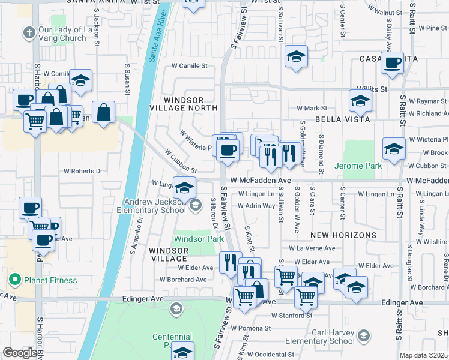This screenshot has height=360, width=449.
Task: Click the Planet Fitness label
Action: coord(50,280)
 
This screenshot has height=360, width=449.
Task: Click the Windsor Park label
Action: coord(199,239)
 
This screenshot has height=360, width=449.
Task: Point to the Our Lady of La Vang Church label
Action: coord(62,34)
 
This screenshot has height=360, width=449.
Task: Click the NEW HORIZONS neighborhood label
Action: coord(343,235)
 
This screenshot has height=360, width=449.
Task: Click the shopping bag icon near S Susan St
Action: coord(104,112)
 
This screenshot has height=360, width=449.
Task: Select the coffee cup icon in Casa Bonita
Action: coord(393,62)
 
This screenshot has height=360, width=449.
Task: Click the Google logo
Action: coord(20,353)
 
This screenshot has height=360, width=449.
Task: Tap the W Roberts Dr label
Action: coord(83,171)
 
